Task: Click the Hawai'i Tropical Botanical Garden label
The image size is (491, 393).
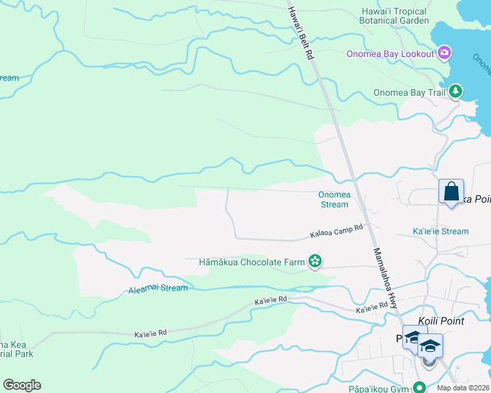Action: coord(394,16)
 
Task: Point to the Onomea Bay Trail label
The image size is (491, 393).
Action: coord(409,92)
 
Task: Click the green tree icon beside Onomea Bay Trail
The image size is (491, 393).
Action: coord(455,92)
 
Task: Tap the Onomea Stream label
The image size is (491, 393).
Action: coord(334,199)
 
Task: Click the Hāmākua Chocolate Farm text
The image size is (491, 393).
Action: coord(252,263)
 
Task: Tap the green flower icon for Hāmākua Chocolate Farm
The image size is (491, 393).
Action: coord(315,262)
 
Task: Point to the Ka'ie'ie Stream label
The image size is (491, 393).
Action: coord(440,231)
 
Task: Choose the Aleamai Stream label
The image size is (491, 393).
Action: coord(158,288)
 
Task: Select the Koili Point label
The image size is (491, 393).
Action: coord(441,321)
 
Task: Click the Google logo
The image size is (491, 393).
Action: coord(22,385)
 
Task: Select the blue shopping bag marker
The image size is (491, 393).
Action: coord(451,192)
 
